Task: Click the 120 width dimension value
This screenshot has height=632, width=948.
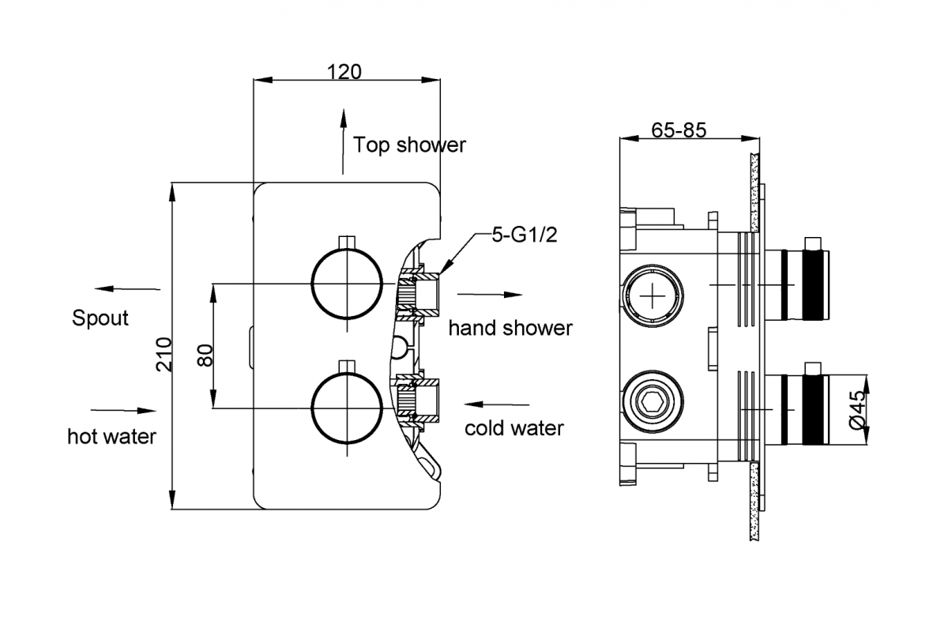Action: click(344, 72)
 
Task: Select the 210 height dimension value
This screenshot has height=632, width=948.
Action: click(164, 355)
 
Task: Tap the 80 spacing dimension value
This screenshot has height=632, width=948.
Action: click(205, 355)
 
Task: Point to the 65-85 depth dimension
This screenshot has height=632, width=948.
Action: click(679, 130)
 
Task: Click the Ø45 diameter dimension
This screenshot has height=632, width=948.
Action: click(857, 410)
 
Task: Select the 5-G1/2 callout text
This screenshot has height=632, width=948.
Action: click(525, 235)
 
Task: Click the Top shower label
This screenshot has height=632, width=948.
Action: click(409, 145)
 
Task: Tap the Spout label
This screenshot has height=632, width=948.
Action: click(100, 318)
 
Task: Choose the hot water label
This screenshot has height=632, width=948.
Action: click(111, 436)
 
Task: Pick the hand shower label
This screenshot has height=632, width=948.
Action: click(510, 328)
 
